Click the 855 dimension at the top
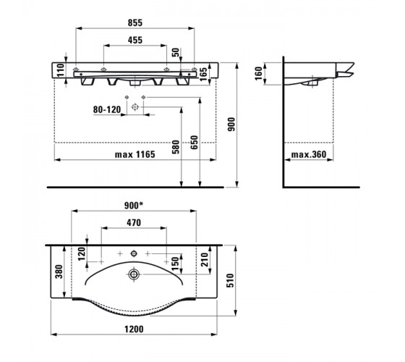(135, 22)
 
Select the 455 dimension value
(135, 40)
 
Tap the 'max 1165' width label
(135, 155)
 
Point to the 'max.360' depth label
(309, 155)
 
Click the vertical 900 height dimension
(231, 124)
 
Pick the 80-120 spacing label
(107, 109)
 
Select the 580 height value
(176, 147)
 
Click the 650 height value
(195, 142)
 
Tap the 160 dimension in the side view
(259, 73)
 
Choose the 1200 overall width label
(134, 329)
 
